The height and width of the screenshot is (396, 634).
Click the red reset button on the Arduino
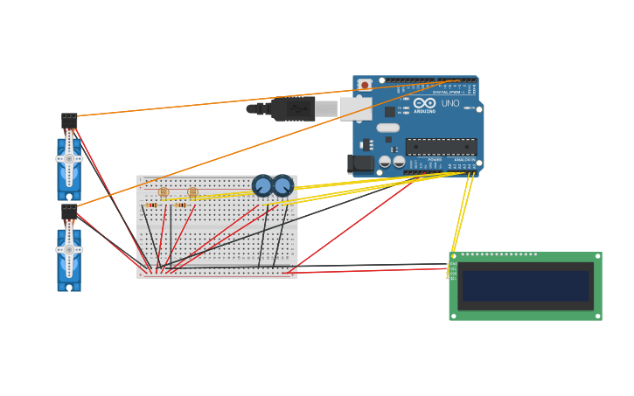pyautogui.click(x=365, y=85)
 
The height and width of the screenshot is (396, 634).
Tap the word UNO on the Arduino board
pyautogui.click(x=450, y=103)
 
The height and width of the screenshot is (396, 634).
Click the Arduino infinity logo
pyautogui.click(x=425, y=102)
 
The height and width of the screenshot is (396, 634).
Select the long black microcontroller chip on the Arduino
pyautogui.click(x=441, y=146)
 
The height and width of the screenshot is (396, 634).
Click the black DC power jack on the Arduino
pyautogui.click(x=360, y=163)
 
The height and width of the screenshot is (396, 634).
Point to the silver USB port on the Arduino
pyautogui.click(x=354, y=108)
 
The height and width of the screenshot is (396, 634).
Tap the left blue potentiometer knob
pyautogui.click(x=262, y=185)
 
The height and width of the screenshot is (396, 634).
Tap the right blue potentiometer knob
pyautogui.click(x=282, y=185)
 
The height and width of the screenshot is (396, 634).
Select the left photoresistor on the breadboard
pyautogui.click(x=164, y=191)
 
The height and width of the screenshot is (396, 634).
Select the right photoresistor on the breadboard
pyautogui.click(x=192, y=191)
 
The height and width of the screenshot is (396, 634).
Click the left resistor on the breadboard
pyautogui.click(x=152, y=205)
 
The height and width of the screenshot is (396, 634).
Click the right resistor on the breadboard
pyautogui.click(x=181, y=205)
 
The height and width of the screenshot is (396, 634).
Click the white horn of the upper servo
pyautogui.click(x=69, y=158)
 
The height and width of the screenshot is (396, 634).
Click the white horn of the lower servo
pyautogui.click(x=69, y=249)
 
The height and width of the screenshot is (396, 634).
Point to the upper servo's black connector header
pyautogui.click(x=69, y=121)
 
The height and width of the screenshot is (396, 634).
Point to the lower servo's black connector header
pyautogui.click(x=69, y=212)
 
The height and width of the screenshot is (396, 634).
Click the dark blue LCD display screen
pyautogui.click(x=526, y=286)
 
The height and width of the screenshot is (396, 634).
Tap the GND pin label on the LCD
pyautogui.click(x=453, y=264)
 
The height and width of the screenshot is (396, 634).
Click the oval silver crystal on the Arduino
pyautogui.click(x=388, y=128)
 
